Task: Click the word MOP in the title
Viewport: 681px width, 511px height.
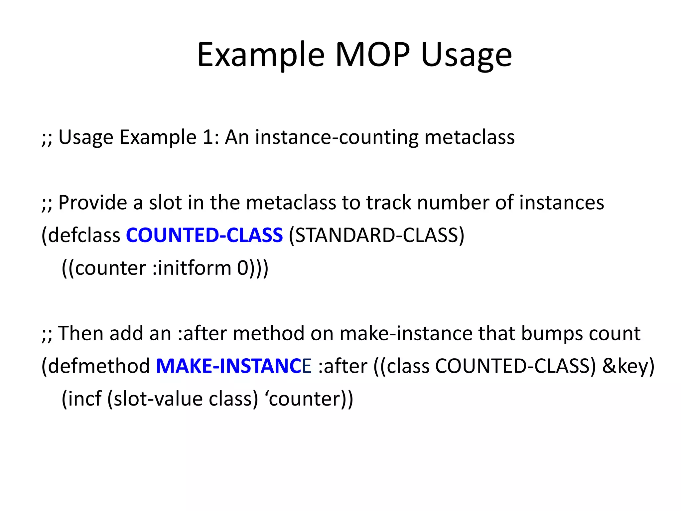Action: (x=373, y=55)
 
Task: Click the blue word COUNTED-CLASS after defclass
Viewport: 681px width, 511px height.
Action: (x=204, y=235)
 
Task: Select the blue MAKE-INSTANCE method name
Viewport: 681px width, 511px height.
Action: (x=233, y=366)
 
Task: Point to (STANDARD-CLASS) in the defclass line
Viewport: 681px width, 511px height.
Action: (x=376, y=235)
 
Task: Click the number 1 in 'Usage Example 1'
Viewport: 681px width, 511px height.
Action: (x=207, y=137)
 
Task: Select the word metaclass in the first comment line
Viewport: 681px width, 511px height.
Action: (x=470, y=137)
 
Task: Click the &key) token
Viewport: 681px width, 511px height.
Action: (x=628, y=366)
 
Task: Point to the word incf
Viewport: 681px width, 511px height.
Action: (x=82, y=399)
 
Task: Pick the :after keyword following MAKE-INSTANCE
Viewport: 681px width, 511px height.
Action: (x=342, y=366)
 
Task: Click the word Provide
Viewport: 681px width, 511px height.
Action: (x=93, y=203)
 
